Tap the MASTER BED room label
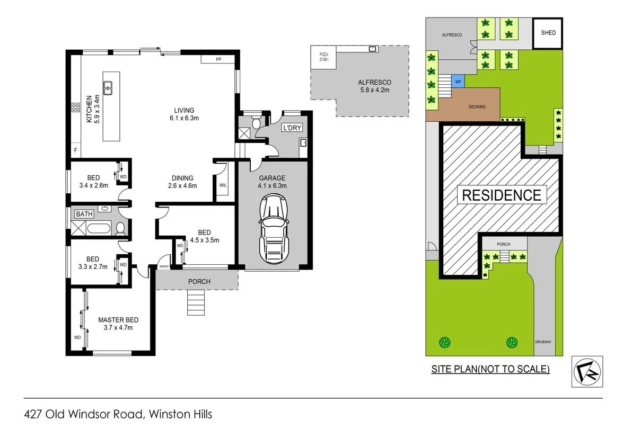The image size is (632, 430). (x=118, y=320)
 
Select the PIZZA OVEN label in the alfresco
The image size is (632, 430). (x=323, y=57)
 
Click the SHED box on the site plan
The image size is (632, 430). (x=548, y=33)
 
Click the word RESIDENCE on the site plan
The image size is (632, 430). (x=502, y=195)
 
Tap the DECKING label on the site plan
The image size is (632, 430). (x=477, y=107)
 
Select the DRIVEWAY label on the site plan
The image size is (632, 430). (x=543, y=342)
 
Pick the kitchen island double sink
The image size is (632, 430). (x=108, y=87)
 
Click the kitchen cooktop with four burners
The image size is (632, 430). (x=75, y=109)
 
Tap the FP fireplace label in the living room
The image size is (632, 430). (x=218, y=59)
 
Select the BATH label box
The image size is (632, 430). (x=84, y=214)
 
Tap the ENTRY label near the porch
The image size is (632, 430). (x=164, y=266)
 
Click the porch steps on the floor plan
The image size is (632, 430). (x=195, y=303)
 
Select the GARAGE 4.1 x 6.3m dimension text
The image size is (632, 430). (x=272, y=186)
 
